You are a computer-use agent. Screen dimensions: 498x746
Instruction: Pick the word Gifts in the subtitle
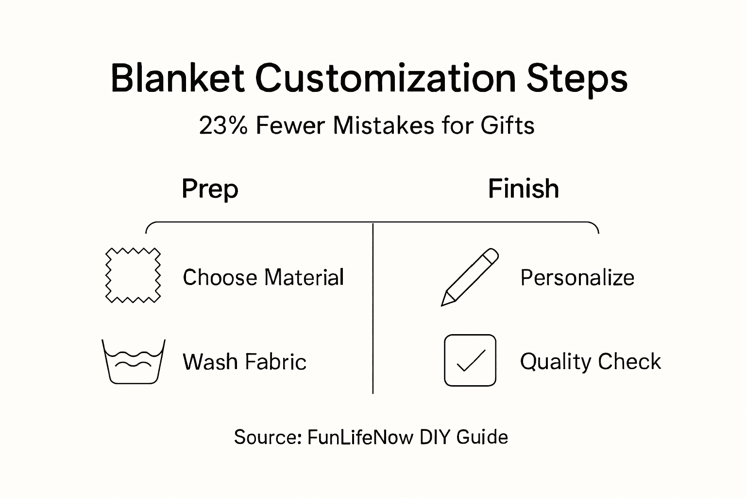click(x=507, y=125)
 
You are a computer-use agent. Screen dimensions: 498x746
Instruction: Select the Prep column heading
click(x=210, y=189)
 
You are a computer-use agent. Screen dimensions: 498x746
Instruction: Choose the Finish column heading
click(x=523, y=189)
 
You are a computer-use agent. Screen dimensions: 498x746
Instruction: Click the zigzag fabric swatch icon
click(x=133, y=275)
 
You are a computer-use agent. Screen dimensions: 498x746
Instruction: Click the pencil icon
click(x=469, y=277)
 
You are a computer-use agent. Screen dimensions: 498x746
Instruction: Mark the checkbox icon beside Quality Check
click(x=470, y=360)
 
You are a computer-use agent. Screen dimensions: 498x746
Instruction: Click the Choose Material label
click(x=263, y=278)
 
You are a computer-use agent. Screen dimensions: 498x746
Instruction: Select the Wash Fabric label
click(x=244, y=362)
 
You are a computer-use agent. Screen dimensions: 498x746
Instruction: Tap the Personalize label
click(x=577, y=278)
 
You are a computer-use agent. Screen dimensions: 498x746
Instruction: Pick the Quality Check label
click(x=590, y=362)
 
